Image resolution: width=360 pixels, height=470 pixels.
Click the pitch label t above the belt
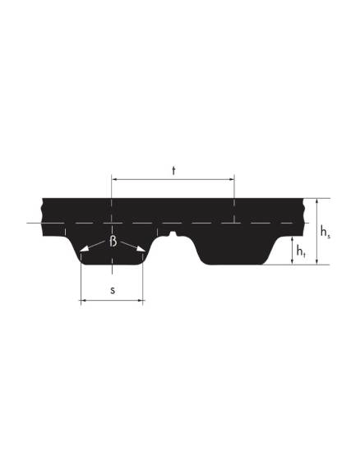click(173, 171)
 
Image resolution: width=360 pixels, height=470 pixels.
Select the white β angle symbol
click(113, 241)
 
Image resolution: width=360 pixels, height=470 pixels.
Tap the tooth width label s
click(113, 290)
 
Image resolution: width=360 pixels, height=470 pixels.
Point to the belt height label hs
click(325, 232)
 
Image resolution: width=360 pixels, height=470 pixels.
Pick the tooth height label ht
click(301, 251)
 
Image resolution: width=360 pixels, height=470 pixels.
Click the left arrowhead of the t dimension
click(114, 180)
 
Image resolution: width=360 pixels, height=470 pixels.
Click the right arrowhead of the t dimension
click(232, 180)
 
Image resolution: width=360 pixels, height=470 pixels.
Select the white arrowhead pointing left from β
click(84, 248)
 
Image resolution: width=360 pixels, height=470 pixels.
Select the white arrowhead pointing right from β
click(141, 248)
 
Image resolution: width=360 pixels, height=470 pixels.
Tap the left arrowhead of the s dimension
click(84, 300)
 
